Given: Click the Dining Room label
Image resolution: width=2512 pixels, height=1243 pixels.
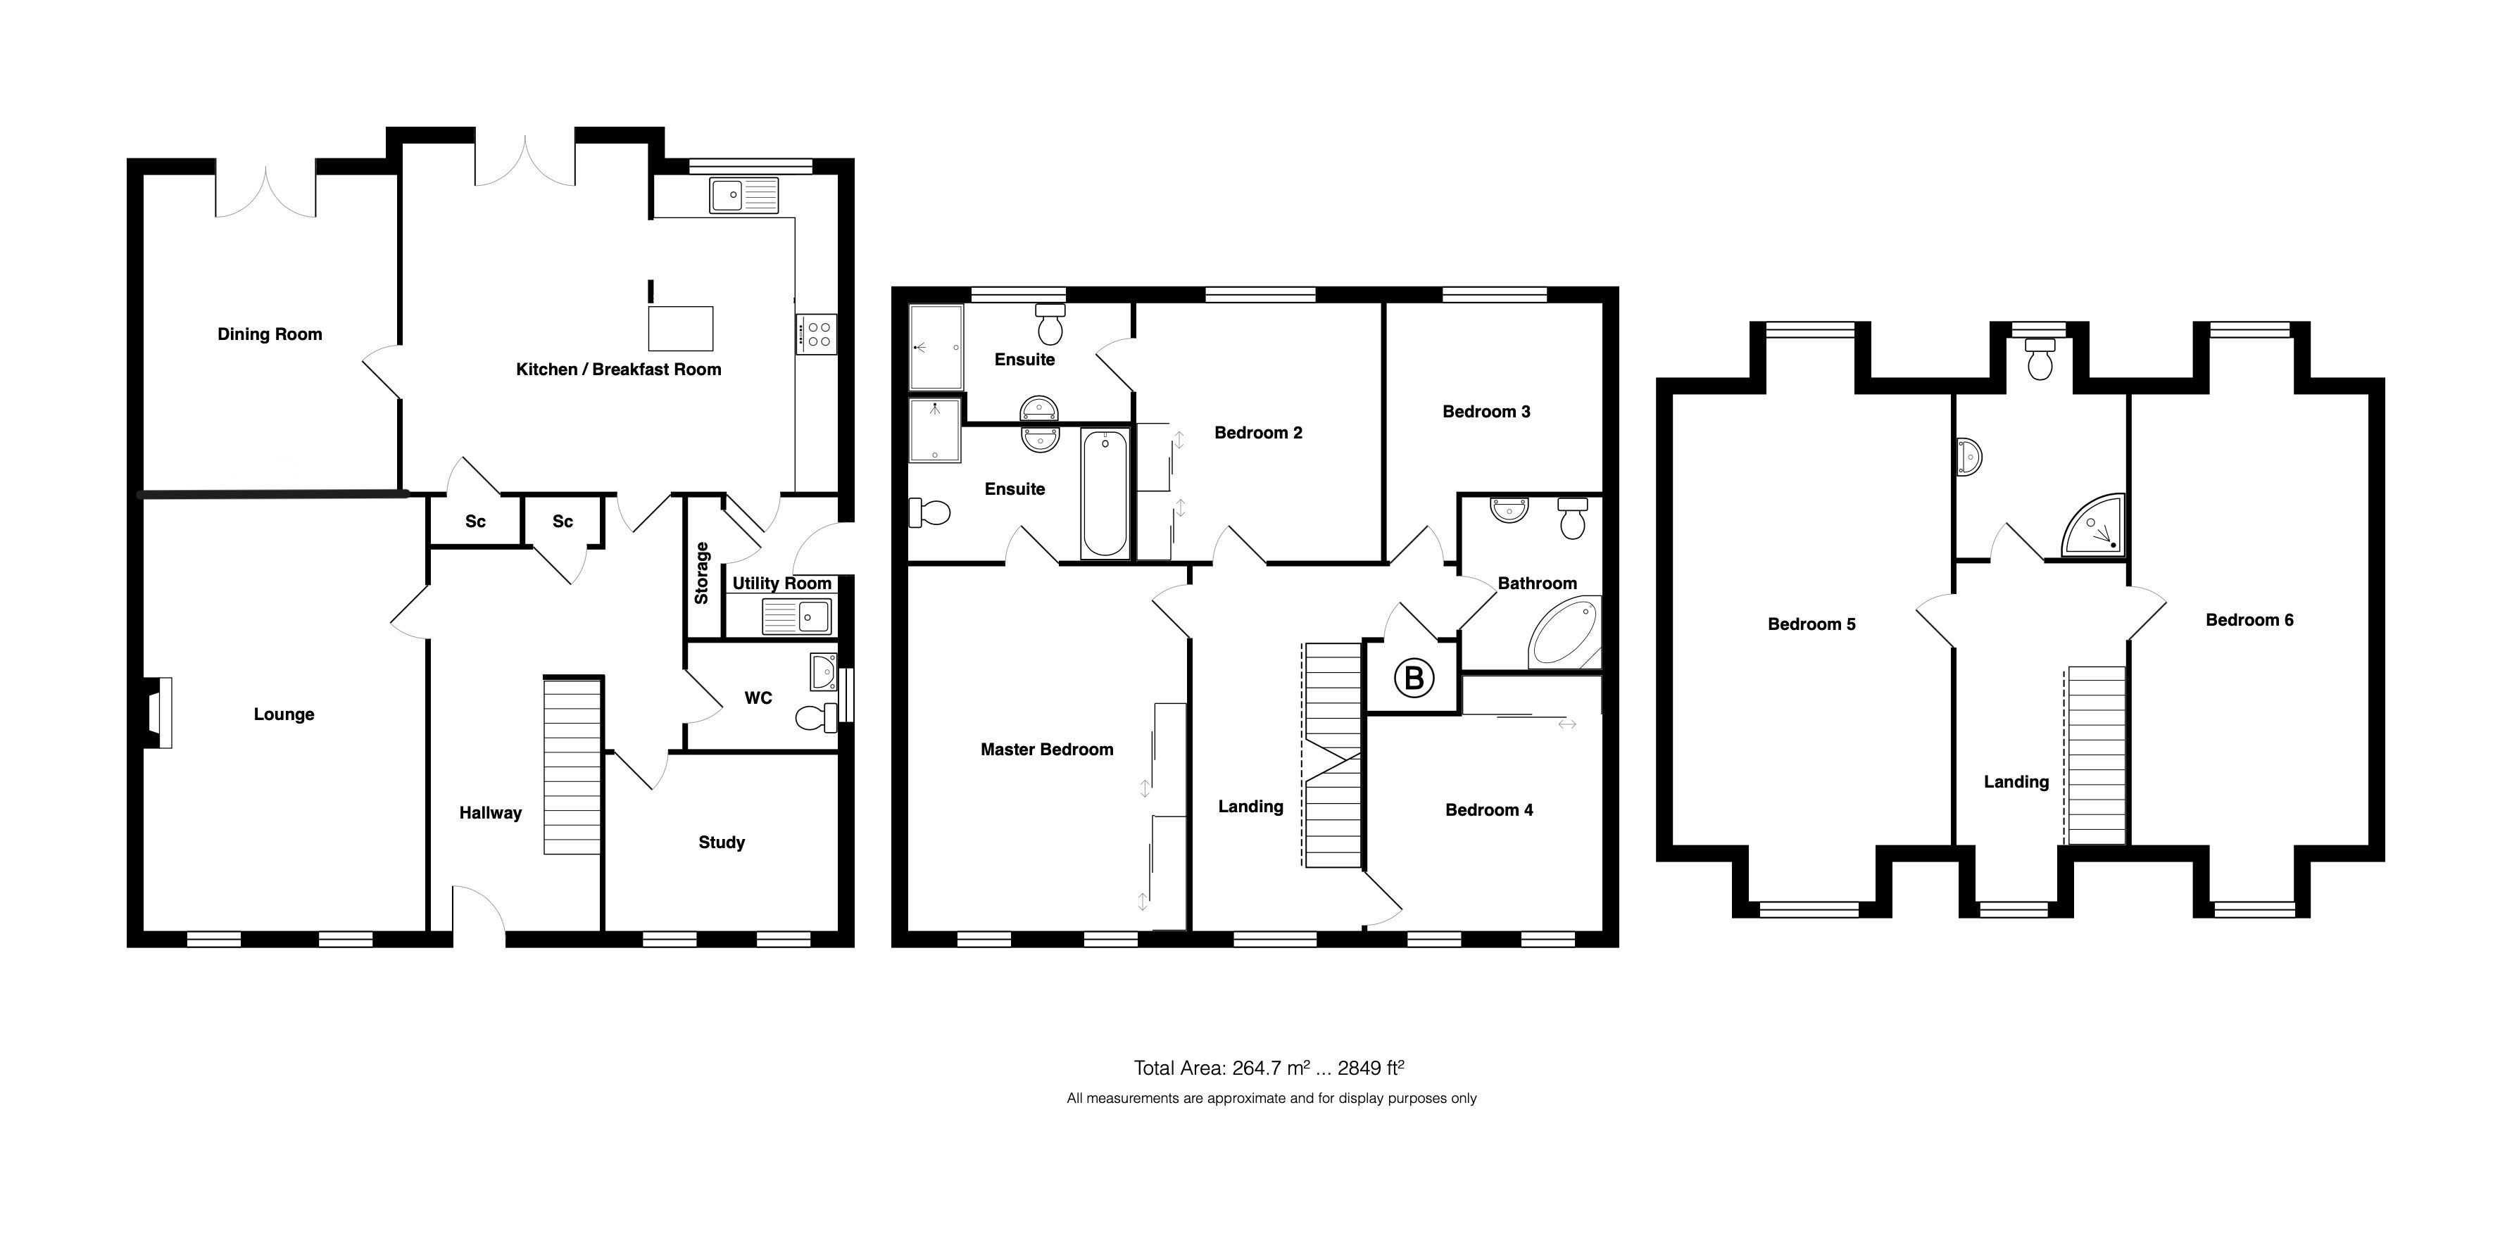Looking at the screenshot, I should (x=269, y=334).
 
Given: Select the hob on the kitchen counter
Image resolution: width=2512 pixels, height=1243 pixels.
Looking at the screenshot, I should (x=816, y=334).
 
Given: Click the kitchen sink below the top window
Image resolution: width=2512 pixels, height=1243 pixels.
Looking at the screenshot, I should (x=744, y=195).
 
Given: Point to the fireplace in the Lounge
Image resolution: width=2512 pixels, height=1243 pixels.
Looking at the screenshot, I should (x=159, y=713).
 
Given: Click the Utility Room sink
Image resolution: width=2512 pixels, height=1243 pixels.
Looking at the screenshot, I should (x=797, y=616).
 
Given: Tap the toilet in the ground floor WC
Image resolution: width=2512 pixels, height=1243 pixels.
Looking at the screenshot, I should (x=815, y=717).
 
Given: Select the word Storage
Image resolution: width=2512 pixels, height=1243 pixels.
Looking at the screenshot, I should (x=701, y=573).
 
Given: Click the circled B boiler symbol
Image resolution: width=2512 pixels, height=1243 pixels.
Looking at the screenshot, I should (x=1414, y=678).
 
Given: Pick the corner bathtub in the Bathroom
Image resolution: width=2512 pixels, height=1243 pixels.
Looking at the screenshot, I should (x=1563, y=636).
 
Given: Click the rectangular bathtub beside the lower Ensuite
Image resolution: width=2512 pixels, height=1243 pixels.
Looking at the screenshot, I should (x=1105, y=494).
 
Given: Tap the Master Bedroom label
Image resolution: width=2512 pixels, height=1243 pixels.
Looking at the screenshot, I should (x=1046, y=750).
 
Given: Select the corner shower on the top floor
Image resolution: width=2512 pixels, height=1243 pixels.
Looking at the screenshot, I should (x=2095, y=529).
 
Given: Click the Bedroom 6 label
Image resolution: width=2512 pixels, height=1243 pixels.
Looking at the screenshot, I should (x=2249, y=620).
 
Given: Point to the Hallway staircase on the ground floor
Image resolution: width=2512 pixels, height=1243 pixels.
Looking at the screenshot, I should (x=572, y=766).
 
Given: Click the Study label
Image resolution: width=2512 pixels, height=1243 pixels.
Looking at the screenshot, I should (x=722, y=843).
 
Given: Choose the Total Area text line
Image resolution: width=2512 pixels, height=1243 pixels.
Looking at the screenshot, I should (x=1268, y=1068).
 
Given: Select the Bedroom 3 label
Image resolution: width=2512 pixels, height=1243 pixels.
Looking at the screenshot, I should (x=1486, y=412).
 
